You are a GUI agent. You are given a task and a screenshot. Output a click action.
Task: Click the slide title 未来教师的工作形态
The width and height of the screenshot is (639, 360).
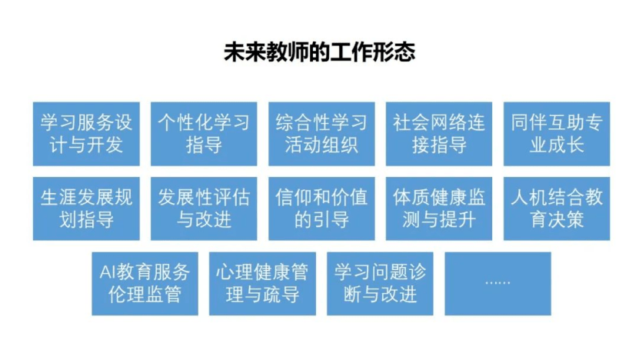coord(320,52)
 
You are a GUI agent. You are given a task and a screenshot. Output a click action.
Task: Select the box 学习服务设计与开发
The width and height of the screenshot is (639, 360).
coord(86,134)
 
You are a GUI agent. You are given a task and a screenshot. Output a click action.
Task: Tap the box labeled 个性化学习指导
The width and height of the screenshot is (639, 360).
coord(204,134)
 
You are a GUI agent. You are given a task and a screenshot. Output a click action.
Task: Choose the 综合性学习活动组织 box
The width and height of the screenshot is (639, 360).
coord(321,134)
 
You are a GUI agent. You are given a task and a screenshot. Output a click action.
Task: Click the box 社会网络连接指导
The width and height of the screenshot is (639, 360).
coord(439,134)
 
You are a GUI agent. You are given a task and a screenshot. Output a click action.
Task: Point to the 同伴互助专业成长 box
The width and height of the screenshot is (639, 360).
coord(557,134)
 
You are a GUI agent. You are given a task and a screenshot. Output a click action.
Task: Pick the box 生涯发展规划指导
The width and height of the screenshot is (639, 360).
coord(86,208)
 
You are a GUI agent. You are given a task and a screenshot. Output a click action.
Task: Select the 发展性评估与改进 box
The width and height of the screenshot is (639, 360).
coord(204,208)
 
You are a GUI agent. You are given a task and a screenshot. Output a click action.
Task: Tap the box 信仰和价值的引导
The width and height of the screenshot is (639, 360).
coord(321,208)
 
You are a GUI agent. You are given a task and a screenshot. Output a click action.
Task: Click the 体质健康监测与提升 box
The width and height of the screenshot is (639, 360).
coord(439,208)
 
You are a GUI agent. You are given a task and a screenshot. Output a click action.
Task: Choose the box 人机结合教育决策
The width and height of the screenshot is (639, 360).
coord(557,208)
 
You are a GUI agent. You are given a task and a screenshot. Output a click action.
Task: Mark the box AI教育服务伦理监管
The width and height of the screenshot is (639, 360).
coord(145,284)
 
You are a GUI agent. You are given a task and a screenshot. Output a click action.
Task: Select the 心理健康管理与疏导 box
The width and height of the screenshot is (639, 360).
coord(262,284)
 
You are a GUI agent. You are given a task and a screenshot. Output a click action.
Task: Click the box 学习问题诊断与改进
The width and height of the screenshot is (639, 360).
coord(380,284)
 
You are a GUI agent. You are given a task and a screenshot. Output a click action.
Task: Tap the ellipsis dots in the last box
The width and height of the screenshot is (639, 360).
coord(498,282)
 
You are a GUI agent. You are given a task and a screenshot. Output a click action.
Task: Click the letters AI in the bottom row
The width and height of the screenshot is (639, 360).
coord(107,272)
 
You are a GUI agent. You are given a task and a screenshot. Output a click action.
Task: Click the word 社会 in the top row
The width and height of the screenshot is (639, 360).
coord(411,122)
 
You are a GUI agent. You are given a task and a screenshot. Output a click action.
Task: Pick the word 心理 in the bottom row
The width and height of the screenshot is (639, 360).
coord(235,272)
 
